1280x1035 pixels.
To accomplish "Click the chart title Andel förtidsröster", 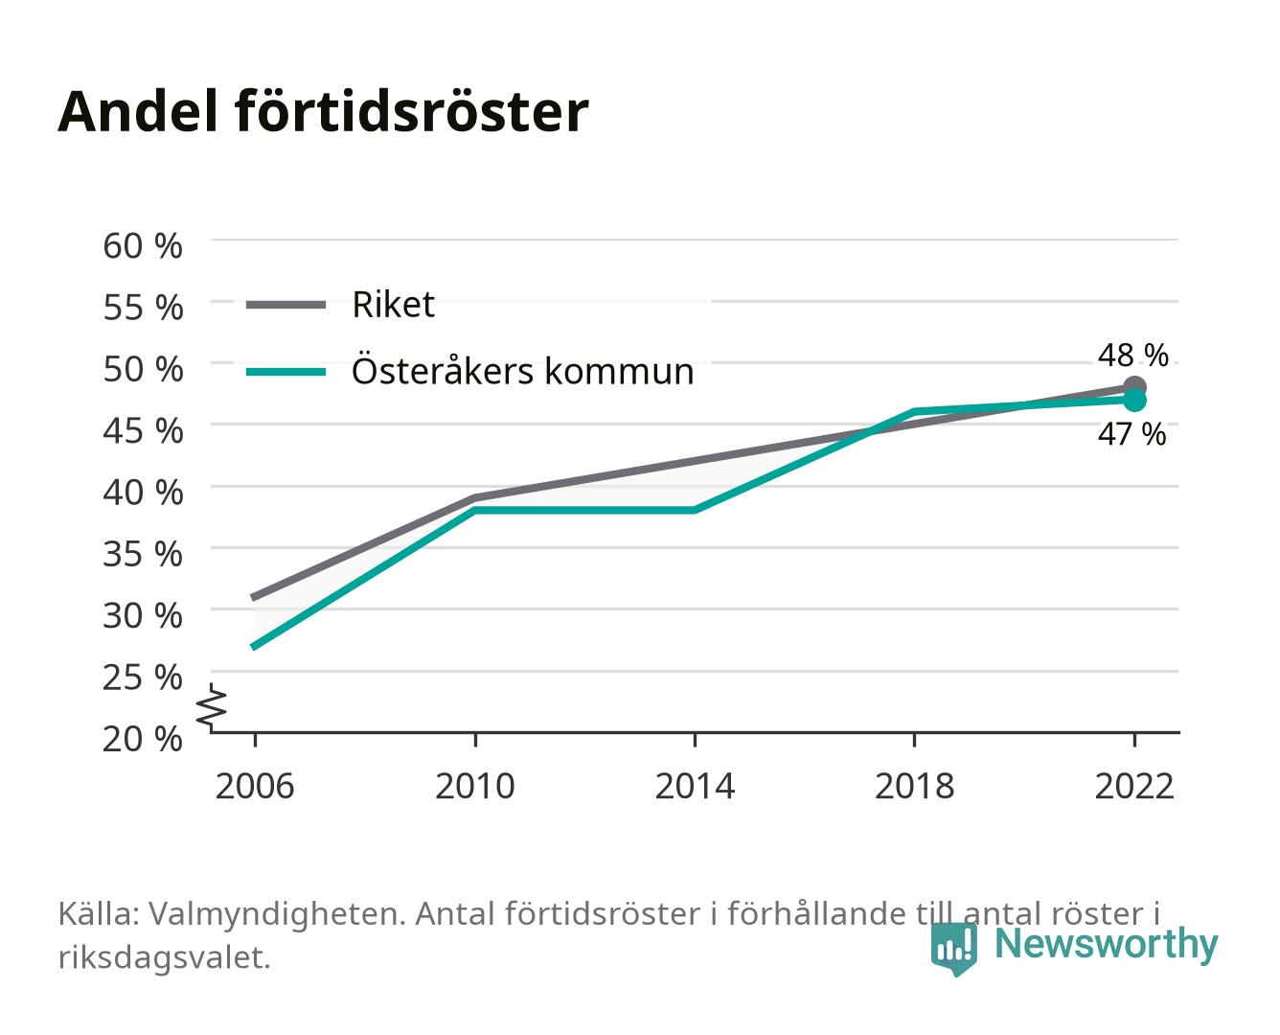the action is (323, 112).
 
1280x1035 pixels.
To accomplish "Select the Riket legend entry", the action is (340, 305).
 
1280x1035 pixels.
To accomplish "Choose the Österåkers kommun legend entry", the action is (469, 372).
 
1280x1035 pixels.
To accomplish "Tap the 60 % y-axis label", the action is (143, 246).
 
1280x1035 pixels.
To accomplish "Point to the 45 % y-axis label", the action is (143, 431).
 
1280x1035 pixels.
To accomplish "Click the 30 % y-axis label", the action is (143, 616).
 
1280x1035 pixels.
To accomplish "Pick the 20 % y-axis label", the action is (143, 739).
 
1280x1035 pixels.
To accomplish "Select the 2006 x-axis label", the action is (255, 786).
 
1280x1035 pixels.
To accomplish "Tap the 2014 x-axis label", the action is (695, 786).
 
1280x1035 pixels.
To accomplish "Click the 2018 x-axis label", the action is (915, 786).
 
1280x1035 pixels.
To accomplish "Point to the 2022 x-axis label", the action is (1134, 786).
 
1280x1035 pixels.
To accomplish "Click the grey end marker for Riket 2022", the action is (1134, 386).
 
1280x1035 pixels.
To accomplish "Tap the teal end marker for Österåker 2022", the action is (1134, 401).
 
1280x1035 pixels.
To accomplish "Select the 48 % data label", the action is (1133, 356).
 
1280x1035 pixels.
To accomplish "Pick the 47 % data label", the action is (1132, 434).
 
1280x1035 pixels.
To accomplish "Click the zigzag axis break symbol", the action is (212, 707).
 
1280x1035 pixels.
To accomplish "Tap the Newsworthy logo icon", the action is (953, 949).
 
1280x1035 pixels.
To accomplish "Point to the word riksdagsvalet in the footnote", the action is (164, 957).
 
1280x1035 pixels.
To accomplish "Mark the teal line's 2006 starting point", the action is (255, 647).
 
